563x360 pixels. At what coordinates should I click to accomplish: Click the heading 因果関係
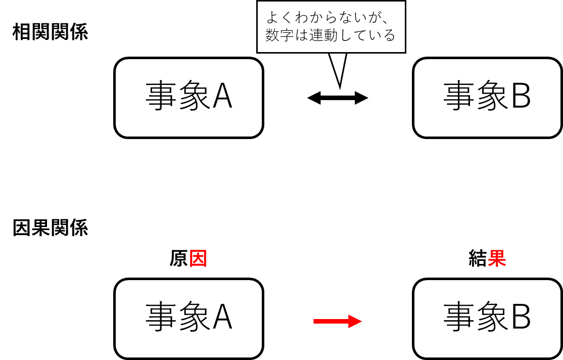coord(50,229)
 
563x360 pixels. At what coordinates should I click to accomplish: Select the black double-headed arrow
coord(338,98)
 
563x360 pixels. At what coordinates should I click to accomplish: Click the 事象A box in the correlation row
coord(189,98)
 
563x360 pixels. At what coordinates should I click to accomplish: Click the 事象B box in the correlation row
coord(487,98)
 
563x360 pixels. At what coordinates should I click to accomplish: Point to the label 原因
coord(188,260)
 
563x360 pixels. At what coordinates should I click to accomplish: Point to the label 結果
coord(487,260)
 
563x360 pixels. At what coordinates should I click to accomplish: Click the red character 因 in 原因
coord(198,260)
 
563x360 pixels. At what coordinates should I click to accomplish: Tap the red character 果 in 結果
coord(497,260)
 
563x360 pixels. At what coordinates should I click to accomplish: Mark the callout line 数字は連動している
coord(331,36)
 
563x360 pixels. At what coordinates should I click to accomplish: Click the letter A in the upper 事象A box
coord(222,97)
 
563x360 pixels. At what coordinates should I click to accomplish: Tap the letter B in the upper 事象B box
coord(520,97)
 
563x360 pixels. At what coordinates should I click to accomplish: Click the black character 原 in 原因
coord(178,260)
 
